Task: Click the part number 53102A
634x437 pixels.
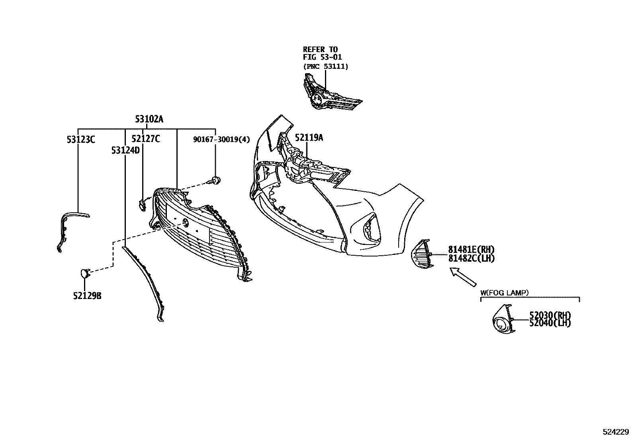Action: click(149, 119)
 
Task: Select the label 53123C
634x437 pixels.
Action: click(81, 139)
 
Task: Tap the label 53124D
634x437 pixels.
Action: click(125, 150)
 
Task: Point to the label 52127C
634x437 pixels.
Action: click(146, 139)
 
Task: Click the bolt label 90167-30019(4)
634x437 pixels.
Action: click(221, 139)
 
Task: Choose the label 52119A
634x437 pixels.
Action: click(309, 138)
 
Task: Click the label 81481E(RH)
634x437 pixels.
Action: click(471, 249)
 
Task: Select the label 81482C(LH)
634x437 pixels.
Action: click(471, 258)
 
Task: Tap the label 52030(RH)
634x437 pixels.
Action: click(550, 315)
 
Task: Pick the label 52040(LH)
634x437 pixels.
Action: click(550, 322)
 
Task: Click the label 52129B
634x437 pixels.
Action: click(87, 296)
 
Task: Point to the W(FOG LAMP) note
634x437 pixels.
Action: click(504, 293)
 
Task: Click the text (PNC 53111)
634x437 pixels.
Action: click(325, 66)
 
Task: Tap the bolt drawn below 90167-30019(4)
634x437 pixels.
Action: click(215, 181)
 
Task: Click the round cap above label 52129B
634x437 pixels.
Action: click(84, 273)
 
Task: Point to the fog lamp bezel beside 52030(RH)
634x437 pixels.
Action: click(503, 320)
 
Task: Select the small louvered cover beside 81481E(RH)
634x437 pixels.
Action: click(422, 254)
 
